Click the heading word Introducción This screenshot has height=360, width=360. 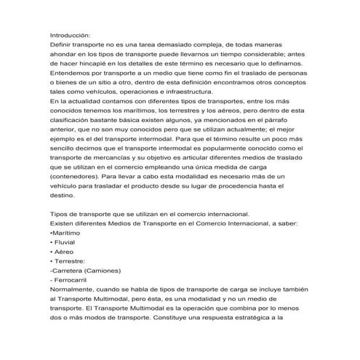(x=70, y=34)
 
